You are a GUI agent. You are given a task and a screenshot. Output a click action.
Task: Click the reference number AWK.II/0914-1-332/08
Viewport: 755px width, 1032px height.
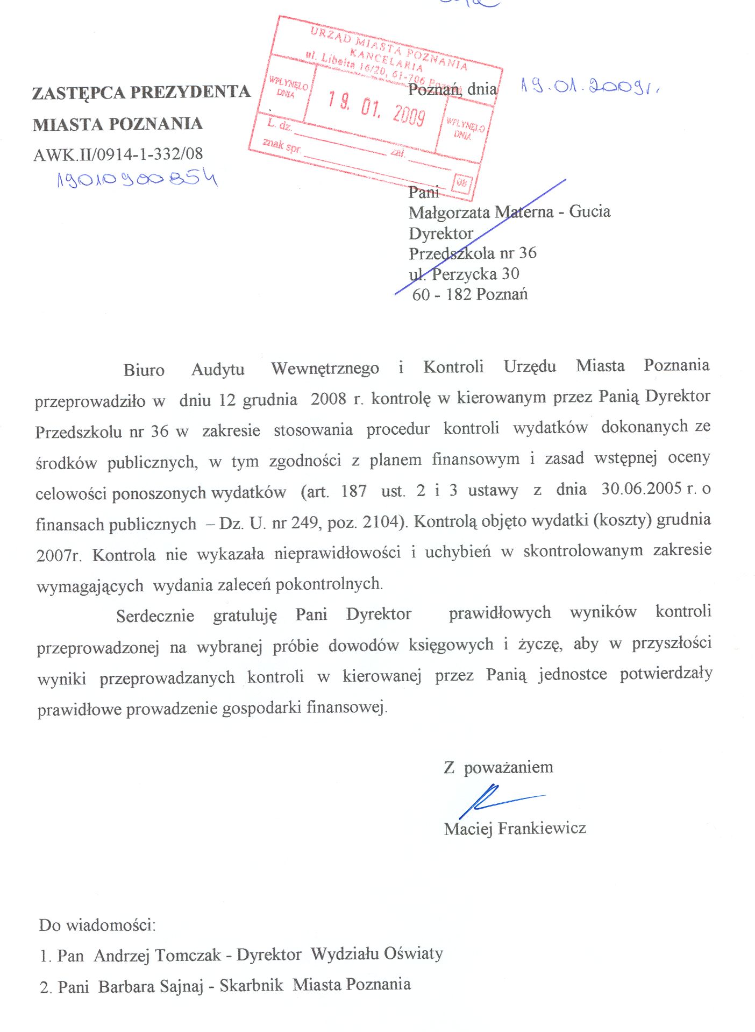pos(118,154)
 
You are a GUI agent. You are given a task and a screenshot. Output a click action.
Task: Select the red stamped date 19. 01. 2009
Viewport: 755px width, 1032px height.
pos(376,108)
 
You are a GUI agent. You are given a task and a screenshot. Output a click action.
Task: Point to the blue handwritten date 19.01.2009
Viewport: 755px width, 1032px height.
pos(589,86)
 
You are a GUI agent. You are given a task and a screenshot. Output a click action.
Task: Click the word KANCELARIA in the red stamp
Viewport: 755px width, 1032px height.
pos(386,59)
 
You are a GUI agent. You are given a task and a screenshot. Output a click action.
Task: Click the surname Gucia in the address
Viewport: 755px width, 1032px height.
pos(590,211)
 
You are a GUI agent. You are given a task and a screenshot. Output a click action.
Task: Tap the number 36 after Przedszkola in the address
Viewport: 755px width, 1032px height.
pos(528,253)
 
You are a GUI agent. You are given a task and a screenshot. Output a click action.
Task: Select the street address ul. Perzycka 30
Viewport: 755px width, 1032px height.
pos(464,274)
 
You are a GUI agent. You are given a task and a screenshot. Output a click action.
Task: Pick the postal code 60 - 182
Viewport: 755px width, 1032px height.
pos(441,294)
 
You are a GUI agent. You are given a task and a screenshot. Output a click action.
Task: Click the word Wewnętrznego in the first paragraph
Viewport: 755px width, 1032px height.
pos(325,368)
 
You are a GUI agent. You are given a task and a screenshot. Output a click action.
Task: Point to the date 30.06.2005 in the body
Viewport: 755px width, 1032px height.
pos(642,489)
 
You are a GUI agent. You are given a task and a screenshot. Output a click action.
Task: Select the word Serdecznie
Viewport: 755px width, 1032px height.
pos(155,616)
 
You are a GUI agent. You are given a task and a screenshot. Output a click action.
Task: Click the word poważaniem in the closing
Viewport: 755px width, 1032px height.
pos(508,767)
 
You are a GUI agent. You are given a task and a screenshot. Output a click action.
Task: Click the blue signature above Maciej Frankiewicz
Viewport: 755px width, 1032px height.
pos(495,800)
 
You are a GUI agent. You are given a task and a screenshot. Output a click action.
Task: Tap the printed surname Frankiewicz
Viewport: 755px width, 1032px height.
pos(542,828)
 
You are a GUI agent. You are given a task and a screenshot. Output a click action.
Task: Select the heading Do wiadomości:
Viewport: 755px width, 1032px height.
pos(97,925)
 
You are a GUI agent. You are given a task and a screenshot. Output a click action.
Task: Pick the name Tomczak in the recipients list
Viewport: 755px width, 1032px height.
pos(188,955)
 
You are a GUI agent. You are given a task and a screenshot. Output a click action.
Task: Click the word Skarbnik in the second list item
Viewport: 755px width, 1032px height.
pos(251,985)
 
